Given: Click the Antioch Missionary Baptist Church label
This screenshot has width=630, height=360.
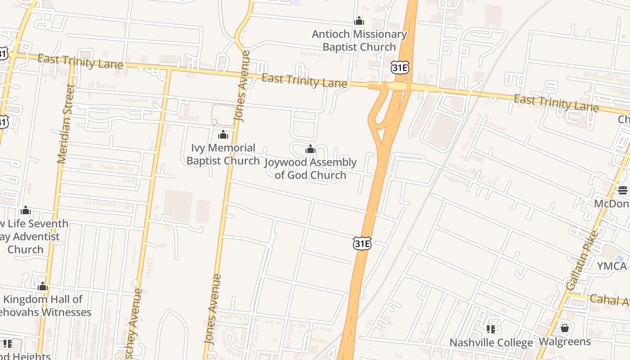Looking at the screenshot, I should (x=359, y=40).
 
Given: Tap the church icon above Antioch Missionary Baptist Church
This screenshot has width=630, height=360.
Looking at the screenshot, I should (x=359, y=21).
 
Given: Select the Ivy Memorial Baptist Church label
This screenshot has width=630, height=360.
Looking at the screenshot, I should (x=223, y=154).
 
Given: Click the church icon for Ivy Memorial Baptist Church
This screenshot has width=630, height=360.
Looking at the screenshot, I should (x=223, y=135).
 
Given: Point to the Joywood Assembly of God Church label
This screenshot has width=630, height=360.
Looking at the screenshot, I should (x=310, y=169).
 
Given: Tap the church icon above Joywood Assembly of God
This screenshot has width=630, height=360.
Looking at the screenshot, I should (x=310, y=149).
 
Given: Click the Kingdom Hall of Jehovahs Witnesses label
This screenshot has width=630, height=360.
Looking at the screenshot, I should (x=45, y=306).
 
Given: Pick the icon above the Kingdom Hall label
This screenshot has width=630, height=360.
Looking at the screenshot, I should (x=43, y=286).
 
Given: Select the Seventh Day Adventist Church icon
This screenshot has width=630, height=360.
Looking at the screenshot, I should (x=26, y=210).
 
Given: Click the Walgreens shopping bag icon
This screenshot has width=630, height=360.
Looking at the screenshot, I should (x=565, y=328).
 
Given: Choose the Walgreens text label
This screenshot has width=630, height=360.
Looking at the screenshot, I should (x=565, y=342).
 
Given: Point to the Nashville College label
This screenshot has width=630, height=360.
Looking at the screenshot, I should (x=491, y=343).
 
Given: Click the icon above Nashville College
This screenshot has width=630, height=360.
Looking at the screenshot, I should (x=491, y=329).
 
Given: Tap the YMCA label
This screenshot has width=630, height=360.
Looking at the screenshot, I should (x=612, y=266).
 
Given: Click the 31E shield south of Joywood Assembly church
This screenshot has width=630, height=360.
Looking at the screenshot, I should (x=362, y=243).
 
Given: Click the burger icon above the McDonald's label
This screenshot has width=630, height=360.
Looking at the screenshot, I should (x=623, y=190).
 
